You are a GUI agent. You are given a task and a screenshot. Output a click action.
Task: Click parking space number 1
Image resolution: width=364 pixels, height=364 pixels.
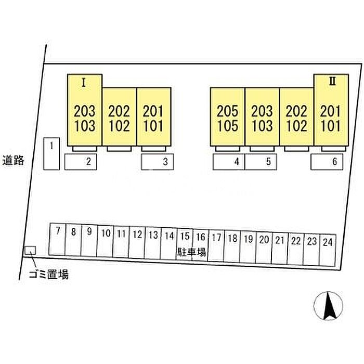pos(51,154)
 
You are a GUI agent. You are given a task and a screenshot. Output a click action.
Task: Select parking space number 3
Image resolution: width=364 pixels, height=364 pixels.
pos(158,162)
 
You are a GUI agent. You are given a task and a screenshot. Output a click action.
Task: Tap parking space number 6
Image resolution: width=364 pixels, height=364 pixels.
pos(327,162)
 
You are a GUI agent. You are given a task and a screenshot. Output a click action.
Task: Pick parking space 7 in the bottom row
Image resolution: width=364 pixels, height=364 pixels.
pos(58,239)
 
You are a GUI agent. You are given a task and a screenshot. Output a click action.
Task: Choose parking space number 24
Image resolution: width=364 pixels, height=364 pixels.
pos(327,250)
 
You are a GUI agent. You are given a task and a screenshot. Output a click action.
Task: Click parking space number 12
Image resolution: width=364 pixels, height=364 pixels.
pos(137,242)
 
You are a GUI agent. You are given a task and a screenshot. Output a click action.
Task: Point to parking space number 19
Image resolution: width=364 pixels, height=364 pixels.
pos(248,247)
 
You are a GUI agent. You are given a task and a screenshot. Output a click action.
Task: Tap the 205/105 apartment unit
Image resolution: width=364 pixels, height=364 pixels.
pos(228,117)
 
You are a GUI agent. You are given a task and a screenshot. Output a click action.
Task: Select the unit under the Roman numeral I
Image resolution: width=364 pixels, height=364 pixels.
pos(85,110)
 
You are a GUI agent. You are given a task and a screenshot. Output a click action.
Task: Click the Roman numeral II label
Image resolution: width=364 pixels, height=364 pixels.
pos(332,82)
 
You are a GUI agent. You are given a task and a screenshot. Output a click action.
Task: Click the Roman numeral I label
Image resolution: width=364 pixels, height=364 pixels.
pos(84,83)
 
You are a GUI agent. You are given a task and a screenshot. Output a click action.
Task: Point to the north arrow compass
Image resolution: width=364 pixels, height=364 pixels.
pos(328,306)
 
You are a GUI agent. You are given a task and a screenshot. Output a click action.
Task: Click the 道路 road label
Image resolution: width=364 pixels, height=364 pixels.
pos(13,160)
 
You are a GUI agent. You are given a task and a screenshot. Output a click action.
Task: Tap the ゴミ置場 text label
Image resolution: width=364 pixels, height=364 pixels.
pos(49,275)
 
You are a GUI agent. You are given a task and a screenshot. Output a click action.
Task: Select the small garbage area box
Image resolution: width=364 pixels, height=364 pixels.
pos(30,250)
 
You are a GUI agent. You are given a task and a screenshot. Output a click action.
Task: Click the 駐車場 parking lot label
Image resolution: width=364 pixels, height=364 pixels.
pos(191,252)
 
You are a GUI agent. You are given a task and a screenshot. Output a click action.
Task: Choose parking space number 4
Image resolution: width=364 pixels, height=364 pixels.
pos(229,162)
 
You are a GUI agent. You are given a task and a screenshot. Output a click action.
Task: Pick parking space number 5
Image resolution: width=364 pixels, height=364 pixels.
pos(261,162)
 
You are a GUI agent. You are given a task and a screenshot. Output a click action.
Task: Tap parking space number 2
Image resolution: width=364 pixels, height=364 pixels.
pos(81,162)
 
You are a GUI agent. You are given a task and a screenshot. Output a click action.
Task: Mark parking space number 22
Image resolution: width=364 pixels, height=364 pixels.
pos(295,249)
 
